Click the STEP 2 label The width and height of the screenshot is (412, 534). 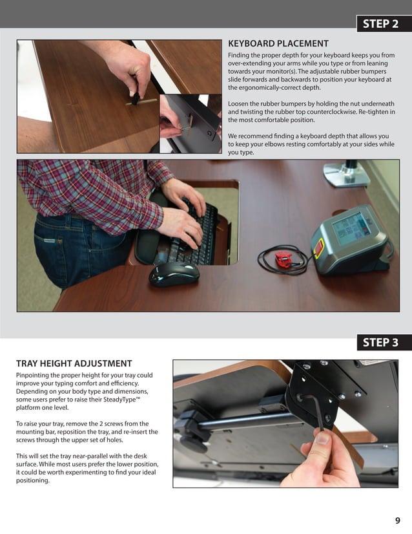(x=380, y=24)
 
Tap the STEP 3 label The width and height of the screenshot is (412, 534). (x=380, y=342)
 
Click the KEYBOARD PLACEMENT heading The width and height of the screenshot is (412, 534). (x=278, y=43)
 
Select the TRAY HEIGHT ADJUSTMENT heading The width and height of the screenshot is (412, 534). (x=74, y=363)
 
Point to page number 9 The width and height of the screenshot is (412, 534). (x=397, y=520)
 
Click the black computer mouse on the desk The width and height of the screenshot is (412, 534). (x=174, y=273)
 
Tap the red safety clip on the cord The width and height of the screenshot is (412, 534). (x=285, y=259)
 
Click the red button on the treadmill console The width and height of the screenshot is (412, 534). (x=319, y=248)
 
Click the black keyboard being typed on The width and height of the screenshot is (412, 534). (x=194, y=235)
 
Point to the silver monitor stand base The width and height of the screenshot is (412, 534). (x=346, y=174)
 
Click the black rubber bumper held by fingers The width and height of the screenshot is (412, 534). (x=136, y=98)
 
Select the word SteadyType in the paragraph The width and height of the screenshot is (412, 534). (x=121, y=399)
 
